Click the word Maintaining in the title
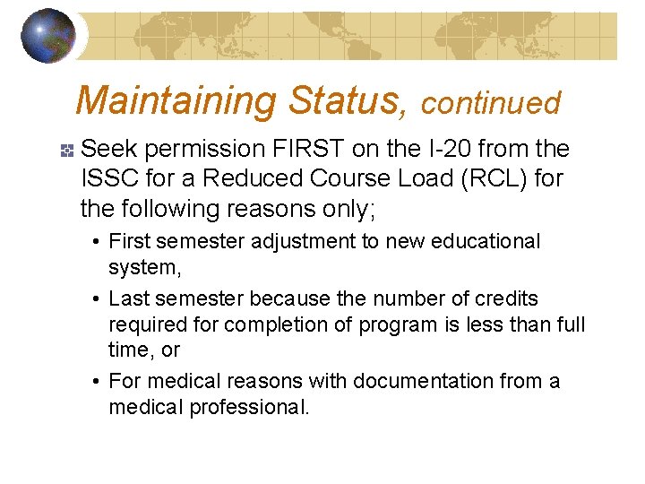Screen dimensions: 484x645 [176, 101]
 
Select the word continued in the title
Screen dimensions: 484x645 [490, 104]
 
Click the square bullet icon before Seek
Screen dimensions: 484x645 [66, 148]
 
